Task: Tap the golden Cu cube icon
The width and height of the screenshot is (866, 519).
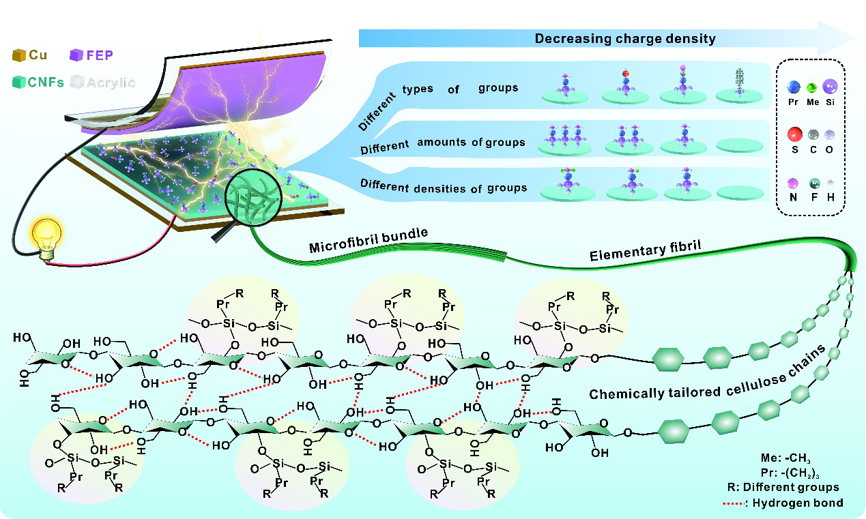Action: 19,54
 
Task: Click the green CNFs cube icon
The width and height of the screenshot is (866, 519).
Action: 19,82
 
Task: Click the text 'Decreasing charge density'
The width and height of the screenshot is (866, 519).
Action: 625,38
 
